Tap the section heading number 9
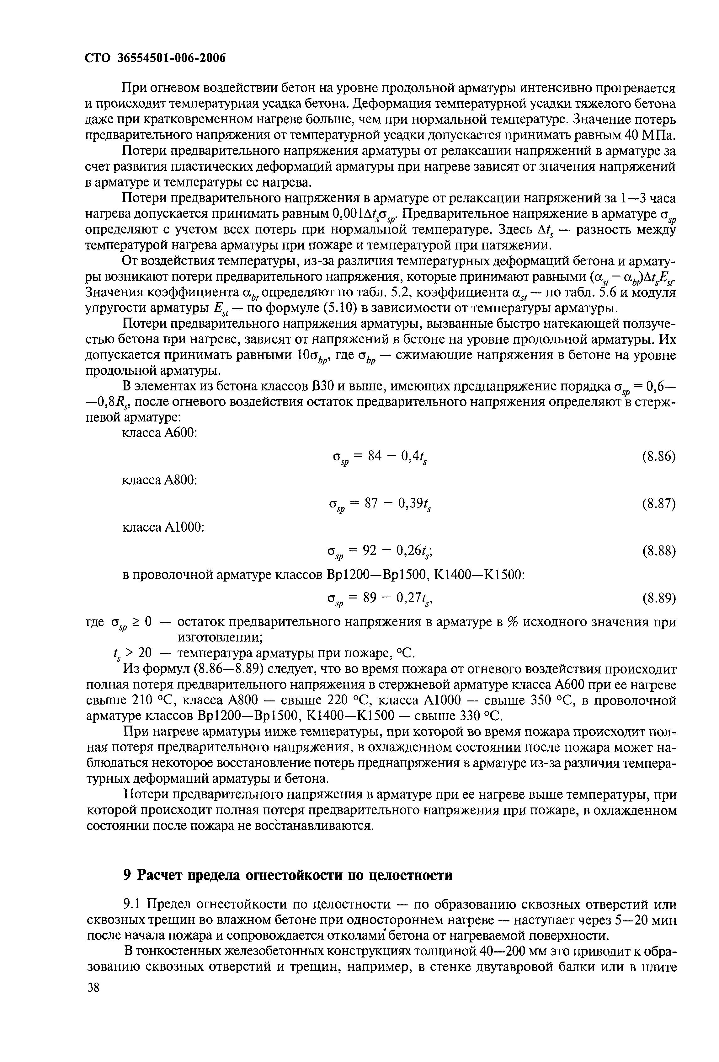[128, 875]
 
